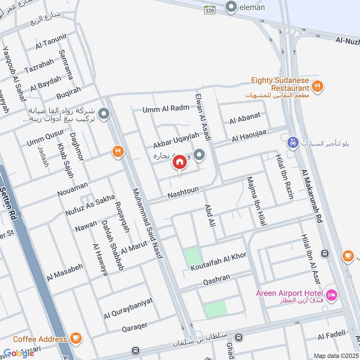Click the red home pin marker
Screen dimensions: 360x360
point(180,162)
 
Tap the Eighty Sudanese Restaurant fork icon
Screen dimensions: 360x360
point(318,86)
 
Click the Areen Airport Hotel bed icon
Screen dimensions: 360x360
point(332,295)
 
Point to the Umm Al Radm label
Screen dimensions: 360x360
point(165,109)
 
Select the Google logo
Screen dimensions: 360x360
point(19,353)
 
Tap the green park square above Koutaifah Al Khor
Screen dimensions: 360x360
point(193,256)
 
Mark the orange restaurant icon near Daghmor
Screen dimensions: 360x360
point(118,152)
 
